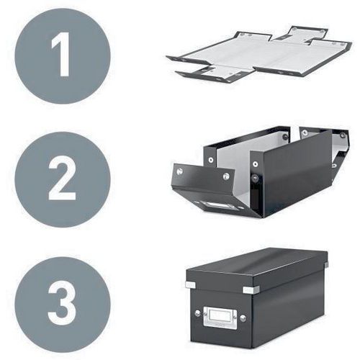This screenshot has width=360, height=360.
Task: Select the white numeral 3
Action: pos(62,303)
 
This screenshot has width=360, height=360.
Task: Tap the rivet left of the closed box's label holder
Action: pos(197,313)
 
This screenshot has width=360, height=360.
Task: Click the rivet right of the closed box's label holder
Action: pos(243,318)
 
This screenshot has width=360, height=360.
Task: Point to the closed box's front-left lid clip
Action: pos(190,284)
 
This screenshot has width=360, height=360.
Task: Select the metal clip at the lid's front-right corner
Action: pos(250,289)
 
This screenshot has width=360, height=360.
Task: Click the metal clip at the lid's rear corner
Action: pos(326,265)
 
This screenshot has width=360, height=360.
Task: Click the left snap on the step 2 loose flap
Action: pos(179,171)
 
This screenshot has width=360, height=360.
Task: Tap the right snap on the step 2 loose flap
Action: pos(226,176)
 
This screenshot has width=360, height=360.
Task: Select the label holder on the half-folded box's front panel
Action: pos(215,206)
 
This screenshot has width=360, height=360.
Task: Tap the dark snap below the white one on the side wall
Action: pos(255,179)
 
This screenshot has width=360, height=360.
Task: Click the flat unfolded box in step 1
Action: pos(259,55)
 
